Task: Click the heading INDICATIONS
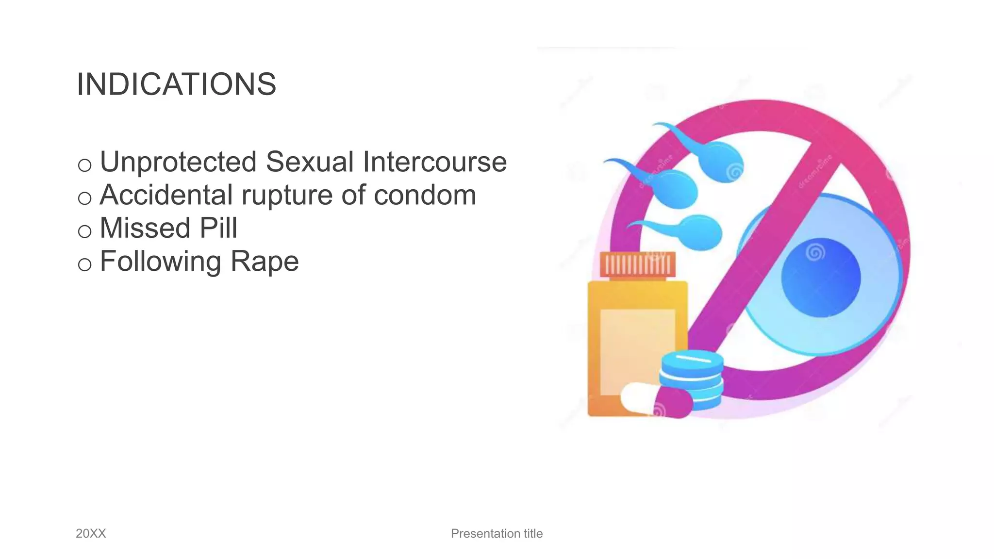coord(176,84)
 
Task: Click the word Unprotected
coord(178,162)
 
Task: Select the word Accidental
coord(166,195)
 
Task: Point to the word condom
coord(425,195)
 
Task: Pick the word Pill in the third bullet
coord(218,228)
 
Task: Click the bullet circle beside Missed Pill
coord(84,231)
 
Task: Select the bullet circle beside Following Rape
coord(84,264)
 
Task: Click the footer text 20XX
coord(91,533)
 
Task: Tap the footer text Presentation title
coord(497,533)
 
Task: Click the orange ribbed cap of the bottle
coord(637,265)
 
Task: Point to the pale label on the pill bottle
coord(637,349)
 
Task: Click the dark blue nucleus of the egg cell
coord(821,278)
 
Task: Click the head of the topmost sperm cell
coord(722,162)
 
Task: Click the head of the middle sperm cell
coord(676,190)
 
